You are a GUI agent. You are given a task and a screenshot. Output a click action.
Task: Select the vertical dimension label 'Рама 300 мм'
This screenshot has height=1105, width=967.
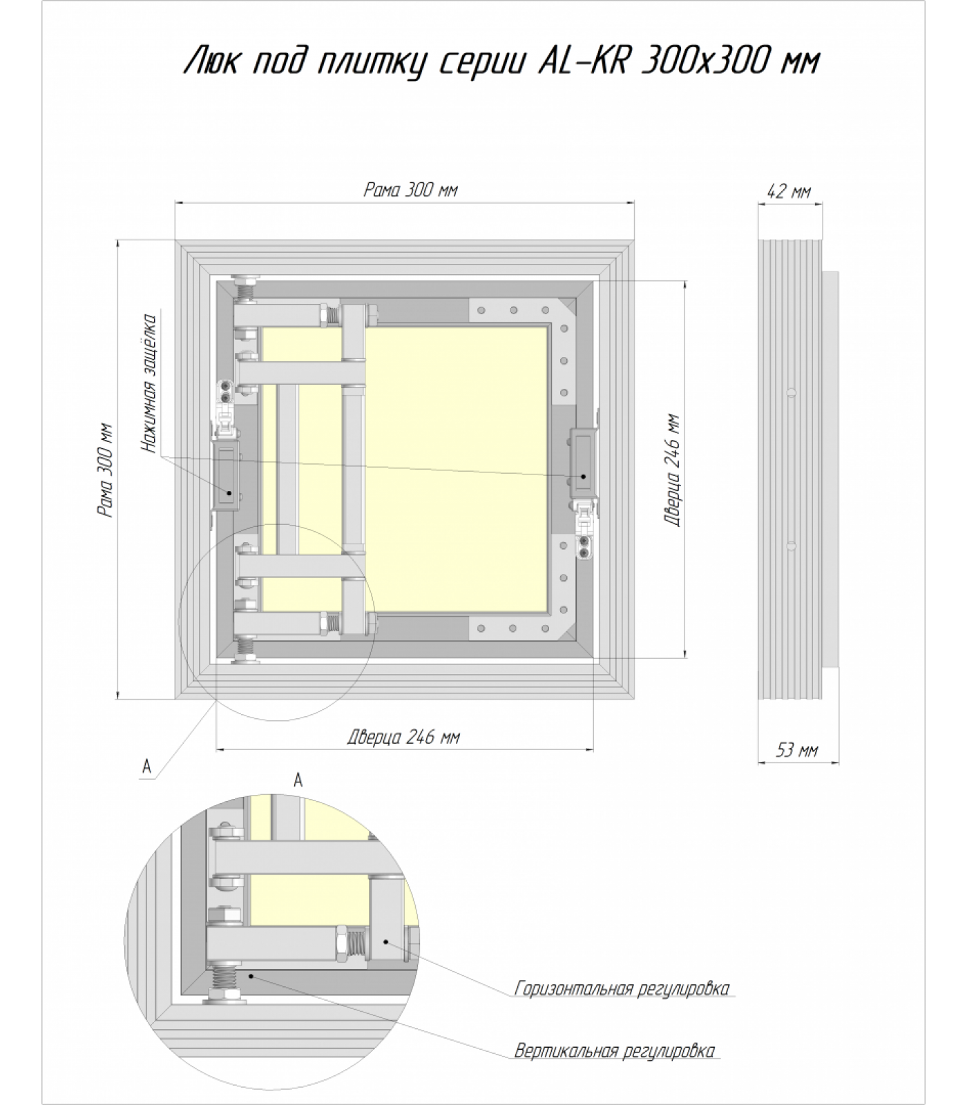click(106, 470)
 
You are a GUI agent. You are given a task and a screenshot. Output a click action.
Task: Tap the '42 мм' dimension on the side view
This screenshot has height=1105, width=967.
click(789, 191)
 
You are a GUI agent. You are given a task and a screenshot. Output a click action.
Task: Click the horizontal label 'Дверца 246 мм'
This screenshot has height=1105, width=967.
click(403, 737)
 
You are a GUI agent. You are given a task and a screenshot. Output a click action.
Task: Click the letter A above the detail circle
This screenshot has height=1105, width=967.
click(298, 780)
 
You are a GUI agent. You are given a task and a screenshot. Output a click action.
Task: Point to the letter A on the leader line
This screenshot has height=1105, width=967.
click(146, 766)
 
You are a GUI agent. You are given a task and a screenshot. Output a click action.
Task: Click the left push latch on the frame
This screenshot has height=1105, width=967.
click(226, 477)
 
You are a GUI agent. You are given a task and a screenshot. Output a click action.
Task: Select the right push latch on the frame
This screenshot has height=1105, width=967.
click(584, 463)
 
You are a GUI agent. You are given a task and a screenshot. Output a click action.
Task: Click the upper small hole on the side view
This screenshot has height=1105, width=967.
click(792, 393)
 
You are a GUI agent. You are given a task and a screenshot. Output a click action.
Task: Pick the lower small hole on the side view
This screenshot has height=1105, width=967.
click(792, 546)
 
